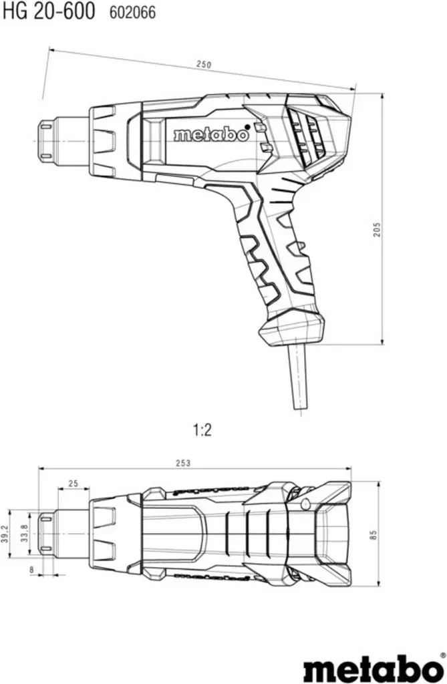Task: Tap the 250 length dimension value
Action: tap(203, 65)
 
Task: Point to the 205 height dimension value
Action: tap(377, 230)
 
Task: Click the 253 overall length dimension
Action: tap(183, 464)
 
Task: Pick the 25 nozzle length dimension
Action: tap(73, 483)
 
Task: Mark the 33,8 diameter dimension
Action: tap(25, 532)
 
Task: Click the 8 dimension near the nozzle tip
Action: tap(31, 569)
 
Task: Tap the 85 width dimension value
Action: tap(373, 536)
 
